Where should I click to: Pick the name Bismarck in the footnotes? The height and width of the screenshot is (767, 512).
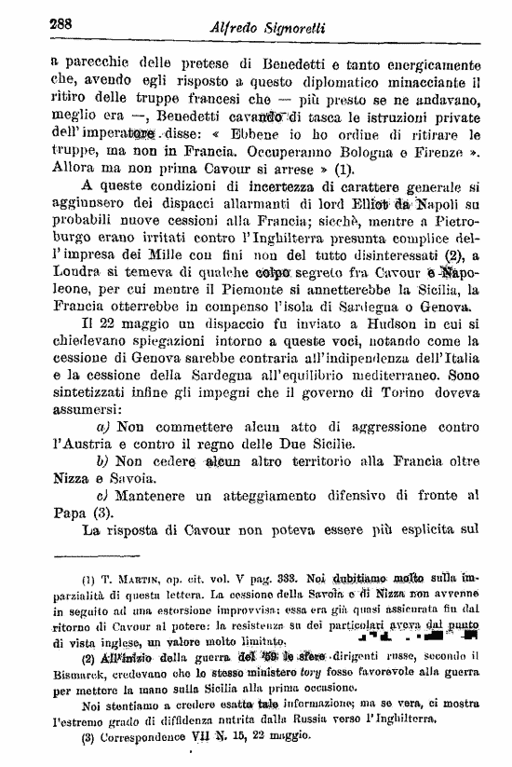tap(66, 672)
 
